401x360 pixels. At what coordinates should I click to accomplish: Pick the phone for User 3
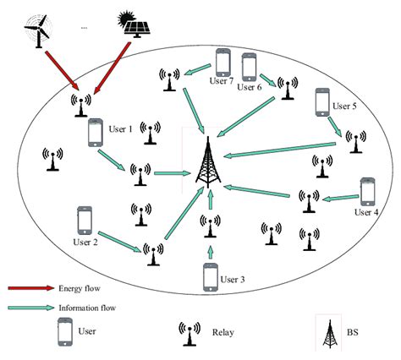point(211,277)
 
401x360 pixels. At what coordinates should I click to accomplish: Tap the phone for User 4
point(367,192)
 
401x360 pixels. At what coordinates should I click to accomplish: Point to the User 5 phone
point(322,102)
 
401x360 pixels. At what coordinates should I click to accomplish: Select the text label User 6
point(250,87)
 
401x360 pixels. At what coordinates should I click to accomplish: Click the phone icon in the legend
point(64,331)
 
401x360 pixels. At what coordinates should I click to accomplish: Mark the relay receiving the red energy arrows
point(81,104)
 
